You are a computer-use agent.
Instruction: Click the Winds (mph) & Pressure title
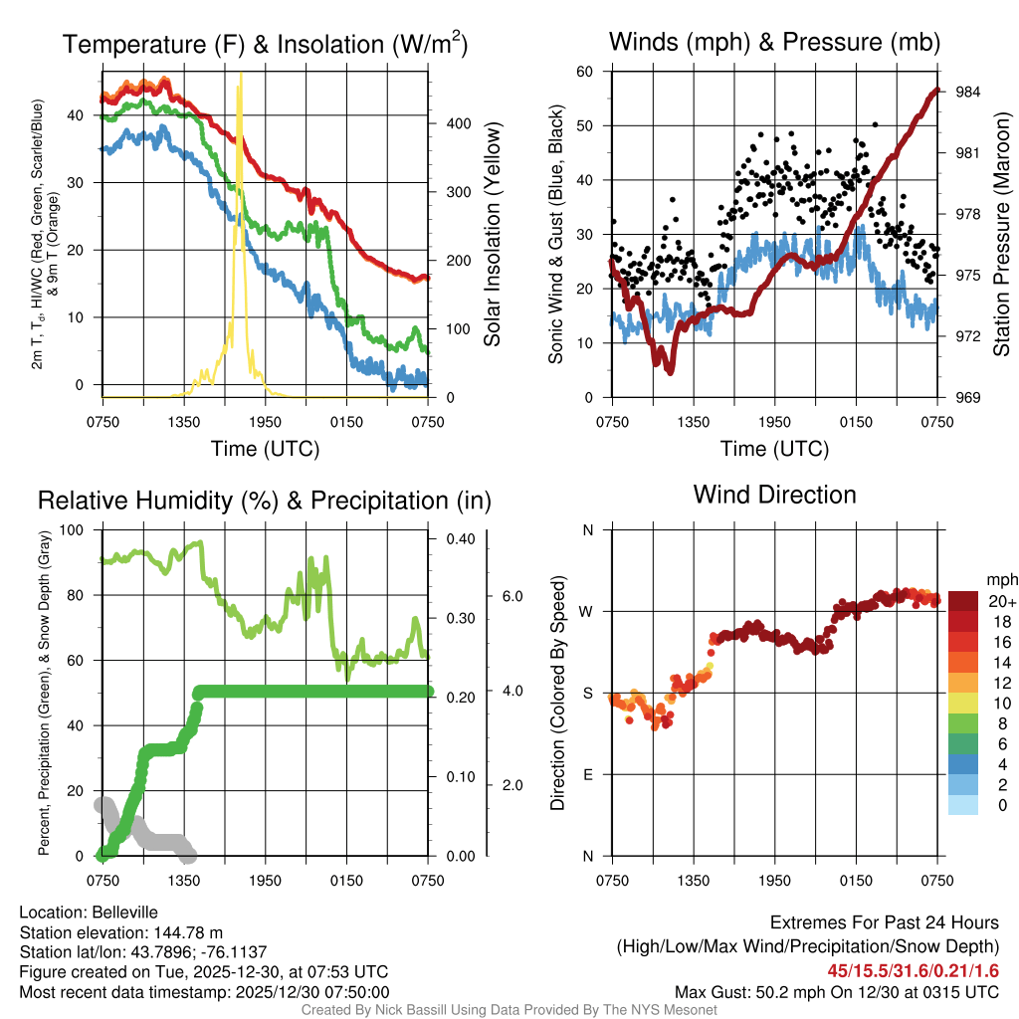coord(774,42)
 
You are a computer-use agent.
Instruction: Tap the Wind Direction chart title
coord(774,495)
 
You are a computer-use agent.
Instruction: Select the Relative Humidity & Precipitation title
coord(264,501)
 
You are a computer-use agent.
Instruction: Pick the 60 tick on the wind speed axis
coord(585,72)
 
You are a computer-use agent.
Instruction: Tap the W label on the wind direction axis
coord(587,611)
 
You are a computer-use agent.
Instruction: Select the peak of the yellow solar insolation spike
coord(240,87)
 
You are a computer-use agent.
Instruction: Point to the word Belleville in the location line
coord(120,912)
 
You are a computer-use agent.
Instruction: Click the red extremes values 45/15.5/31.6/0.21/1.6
coord(913,970)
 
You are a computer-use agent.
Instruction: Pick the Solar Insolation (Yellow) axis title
coord(493,234)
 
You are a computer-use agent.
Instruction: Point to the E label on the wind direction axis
coord(587,774)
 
